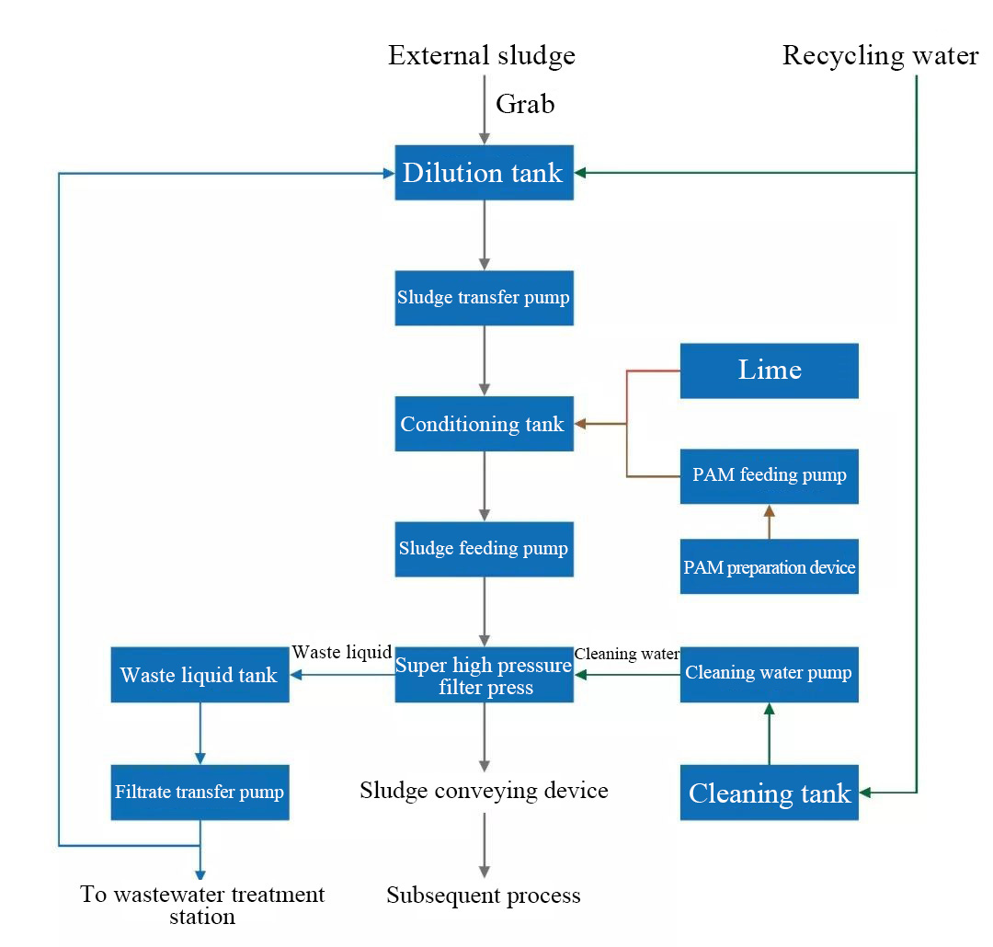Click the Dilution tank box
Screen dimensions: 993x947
pos(484,172)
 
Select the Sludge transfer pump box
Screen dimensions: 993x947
pos(484,298)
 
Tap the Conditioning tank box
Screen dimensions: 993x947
pos(484,423)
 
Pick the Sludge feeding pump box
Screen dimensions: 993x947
pos(484,549)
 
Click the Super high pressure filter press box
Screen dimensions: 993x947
pos(484,675)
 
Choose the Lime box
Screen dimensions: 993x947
pos(770,371)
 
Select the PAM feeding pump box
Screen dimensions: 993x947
pos(770,476)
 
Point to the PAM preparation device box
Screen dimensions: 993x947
pos(770,566)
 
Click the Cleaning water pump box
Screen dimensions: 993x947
pos(770,675)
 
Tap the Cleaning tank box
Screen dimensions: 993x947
pos(770,793)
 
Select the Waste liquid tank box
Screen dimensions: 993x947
pos(200,675)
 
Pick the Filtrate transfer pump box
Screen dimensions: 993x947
pos(200,793)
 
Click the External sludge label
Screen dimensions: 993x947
pos(482,56)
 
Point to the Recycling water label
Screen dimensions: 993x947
pos(880,56)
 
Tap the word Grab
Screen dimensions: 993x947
pos(525,104)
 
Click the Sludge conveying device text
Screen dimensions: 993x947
pos(484,791)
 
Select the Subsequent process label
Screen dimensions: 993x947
pos(484,896)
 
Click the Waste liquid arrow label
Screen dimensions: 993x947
pos(342,653)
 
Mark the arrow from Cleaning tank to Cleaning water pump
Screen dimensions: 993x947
pos(770,734)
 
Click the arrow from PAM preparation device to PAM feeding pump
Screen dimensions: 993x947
pos(770,522)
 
